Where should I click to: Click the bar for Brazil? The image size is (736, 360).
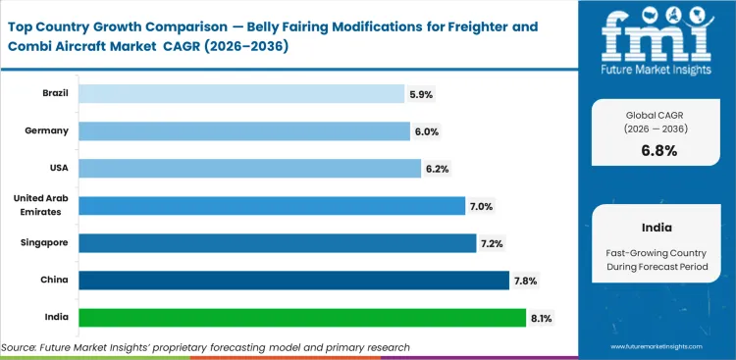click(240, 93)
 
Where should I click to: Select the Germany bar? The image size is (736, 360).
click(243, 130)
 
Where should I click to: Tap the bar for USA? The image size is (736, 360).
click(249, 168)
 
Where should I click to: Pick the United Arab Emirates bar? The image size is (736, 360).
click(271, 205)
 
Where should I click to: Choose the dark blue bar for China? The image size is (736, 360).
click(292, 281)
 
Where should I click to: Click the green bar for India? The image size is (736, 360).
click(301, 318)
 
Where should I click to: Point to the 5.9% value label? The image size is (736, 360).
click(421, 94)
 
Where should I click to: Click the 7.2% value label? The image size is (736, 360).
click(492, 243)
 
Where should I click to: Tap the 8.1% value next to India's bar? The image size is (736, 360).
click(541, 318)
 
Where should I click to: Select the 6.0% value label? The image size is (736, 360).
click(426, 131)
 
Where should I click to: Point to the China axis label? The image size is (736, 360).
click(54, 281)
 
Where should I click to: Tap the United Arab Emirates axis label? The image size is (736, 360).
click(39, 205)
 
